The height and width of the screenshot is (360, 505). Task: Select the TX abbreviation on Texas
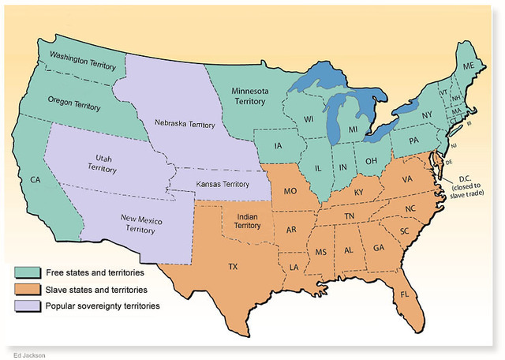point(233,267)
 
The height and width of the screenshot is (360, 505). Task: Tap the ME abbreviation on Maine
point(469,66)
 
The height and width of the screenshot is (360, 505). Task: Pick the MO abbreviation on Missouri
point(290,192)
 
